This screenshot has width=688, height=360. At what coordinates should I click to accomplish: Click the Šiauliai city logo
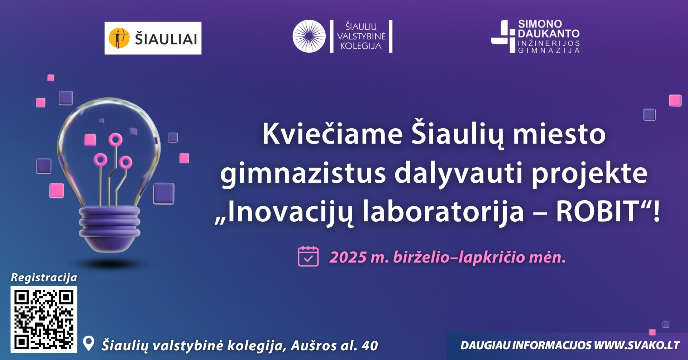153,38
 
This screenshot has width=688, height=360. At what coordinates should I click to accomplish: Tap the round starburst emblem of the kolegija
309,36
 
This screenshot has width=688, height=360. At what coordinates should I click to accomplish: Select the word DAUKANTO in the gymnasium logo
549,34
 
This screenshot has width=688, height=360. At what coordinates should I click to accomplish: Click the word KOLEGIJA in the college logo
361,46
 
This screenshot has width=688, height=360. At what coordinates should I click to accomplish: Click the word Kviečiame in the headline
333,134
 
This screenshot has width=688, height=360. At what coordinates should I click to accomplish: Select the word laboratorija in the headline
443,211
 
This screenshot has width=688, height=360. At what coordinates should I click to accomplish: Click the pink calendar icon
308,256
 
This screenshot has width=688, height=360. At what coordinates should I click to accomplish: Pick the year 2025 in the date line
348,257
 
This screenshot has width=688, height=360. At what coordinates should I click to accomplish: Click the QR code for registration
44,320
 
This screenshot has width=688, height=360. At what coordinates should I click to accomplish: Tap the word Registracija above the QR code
44,278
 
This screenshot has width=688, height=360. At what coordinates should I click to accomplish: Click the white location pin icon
89,344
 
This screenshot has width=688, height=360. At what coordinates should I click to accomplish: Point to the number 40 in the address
370,346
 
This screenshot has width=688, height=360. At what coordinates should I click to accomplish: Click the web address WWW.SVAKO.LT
637,345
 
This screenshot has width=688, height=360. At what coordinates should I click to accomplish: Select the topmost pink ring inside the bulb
115,139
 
